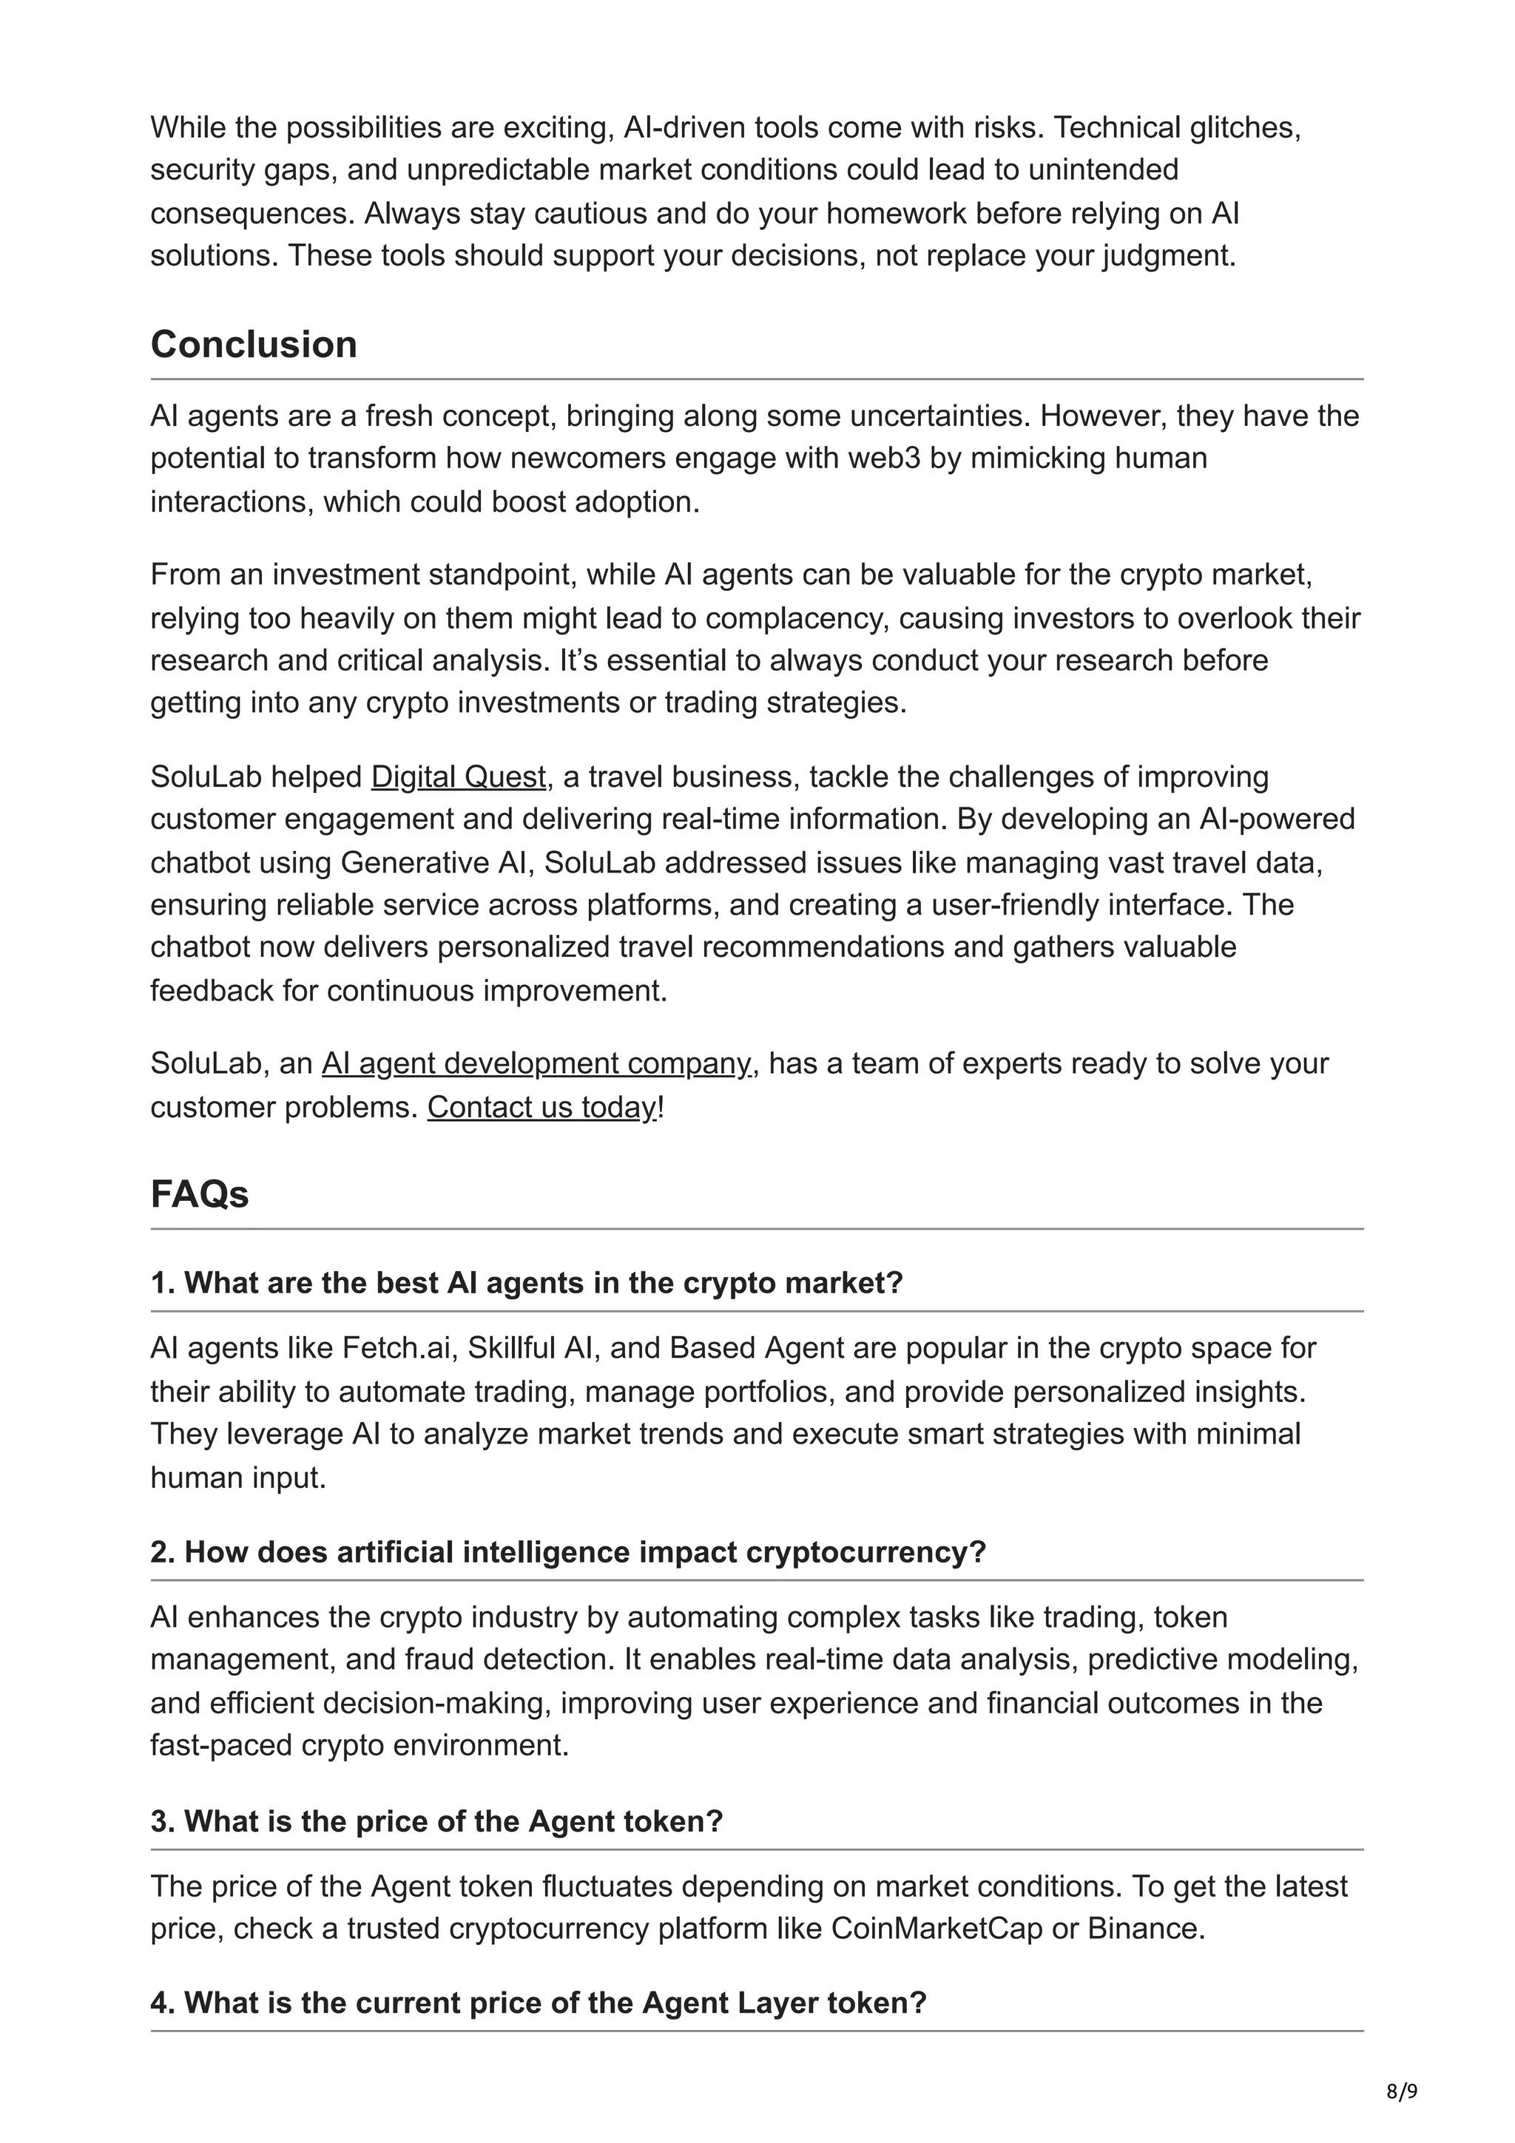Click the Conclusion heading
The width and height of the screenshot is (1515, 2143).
coord(253,345)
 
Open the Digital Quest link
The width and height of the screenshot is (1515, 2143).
coord(459,776)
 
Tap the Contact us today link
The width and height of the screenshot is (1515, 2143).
coord(542,1107)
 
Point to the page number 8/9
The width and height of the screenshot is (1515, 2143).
coord(1401,2090)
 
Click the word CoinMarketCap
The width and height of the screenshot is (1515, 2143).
coord(937,1929)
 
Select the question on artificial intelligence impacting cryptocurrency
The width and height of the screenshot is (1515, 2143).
coord(567,1551)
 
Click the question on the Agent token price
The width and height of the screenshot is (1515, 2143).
coord(437,1821)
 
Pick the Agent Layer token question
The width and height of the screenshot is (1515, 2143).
coord(538,2002)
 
